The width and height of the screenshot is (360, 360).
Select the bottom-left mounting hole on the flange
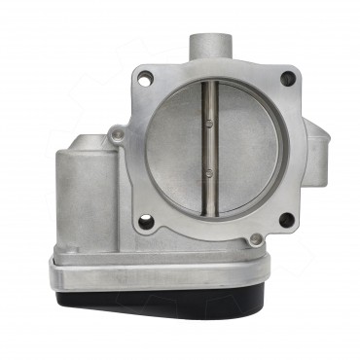(x=146, y=223)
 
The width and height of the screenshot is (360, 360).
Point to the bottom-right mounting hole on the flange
(x=286, y=220)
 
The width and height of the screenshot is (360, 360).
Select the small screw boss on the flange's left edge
(x=117, y=133)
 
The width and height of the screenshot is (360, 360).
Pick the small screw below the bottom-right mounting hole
(x=255, y=239)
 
